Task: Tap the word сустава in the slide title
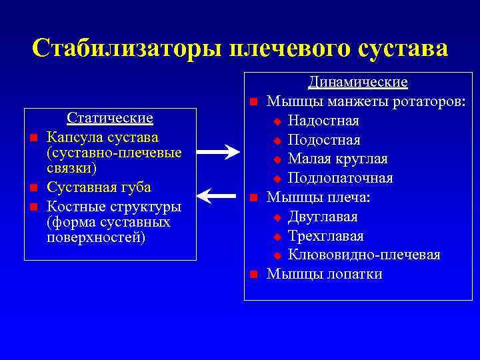pos(403,48)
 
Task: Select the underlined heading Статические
pos(110,118)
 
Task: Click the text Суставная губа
pos(99,187)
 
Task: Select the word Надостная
pos(323,121)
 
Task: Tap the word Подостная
pos(324,140)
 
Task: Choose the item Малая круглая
pos(337,159)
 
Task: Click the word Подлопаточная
pos(340,178)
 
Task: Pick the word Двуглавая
pos(323,217)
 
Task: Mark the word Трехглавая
pos(325,236)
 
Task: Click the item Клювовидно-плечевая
pos(364,255)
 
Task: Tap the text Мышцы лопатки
pos(324,274)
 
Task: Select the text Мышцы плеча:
pos(319,197)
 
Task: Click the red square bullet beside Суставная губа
pos(32,188)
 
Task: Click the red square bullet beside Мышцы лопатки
pos(253,275)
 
